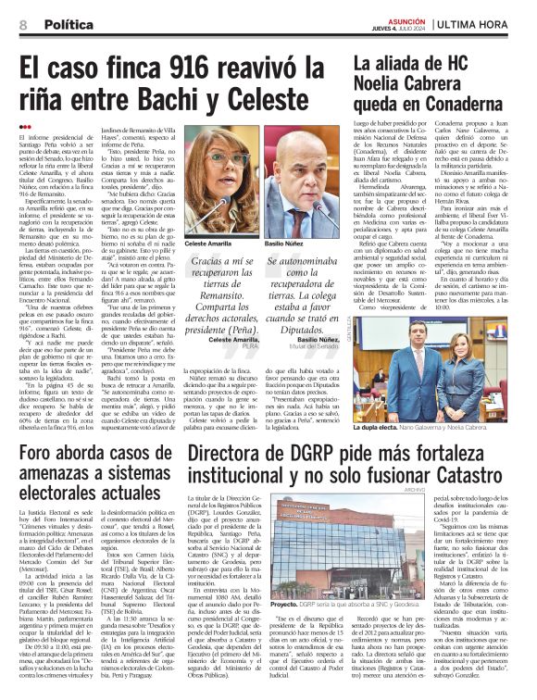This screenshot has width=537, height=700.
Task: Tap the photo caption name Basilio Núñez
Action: point(285,244)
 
